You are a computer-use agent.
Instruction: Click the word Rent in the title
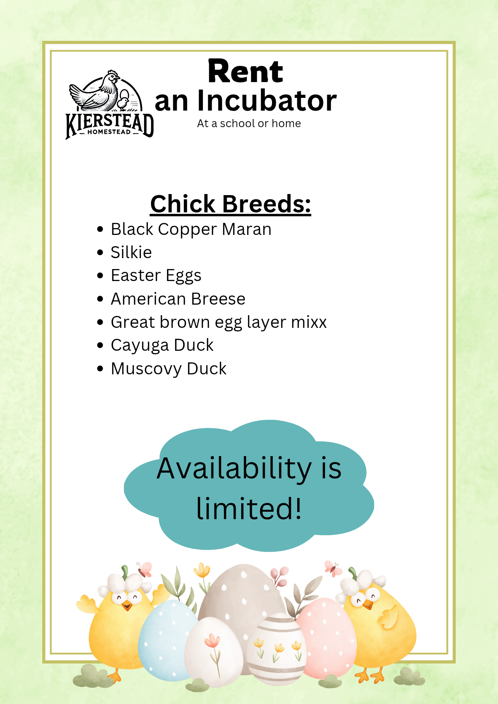245,71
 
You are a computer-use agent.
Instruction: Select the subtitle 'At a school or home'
249,124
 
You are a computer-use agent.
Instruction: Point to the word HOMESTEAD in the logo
109,132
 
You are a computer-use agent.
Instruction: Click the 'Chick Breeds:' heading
231,204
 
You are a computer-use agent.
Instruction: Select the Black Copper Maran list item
191,229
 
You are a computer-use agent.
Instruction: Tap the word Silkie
131,252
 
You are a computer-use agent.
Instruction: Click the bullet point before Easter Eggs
100,275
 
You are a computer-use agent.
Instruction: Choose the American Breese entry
178,299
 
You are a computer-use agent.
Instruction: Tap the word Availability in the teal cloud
234,469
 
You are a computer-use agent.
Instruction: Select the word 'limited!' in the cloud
249,508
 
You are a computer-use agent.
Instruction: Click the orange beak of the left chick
127,606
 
